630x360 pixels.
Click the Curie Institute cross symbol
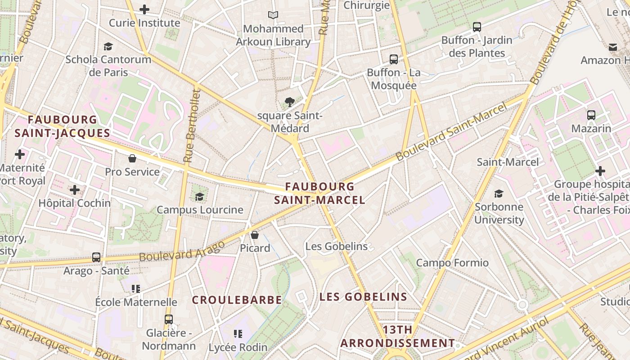coord(144,9)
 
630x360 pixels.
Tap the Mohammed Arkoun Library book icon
coord(273,15)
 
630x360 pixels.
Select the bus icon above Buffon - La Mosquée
coord(394,59)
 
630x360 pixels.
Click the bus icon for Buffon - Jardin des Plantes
coord(477,27)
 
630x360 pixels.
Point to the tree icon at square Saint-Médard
coord(290,102)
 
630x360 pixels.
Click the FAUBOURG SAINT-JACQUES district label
coord(62,126)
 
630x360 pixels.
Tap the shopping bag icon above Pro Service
coord(132,158)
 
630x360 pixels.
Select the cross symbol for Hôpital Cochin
coord(75,189)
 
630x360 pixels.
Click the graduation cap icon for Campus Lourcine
coord(199,197)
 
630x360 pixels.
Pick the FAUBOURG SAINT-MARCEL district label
coord(319,193)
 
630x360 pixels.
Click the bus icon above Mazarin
coord(591,115)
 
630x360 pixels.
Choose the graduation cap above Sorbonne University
coord(499,193)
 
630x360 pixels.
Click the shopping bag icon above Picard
coord(255,235)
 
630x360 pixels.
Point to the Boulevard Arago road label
coord(182,251)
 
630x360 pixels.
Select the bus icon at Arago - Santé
coord(96,257)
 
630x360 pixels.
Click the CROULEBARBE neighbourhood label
coord(237,300)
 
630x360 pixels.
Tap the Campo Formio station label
coord(452,263)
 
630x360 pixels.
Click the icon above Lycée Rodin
coord(238,334)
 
